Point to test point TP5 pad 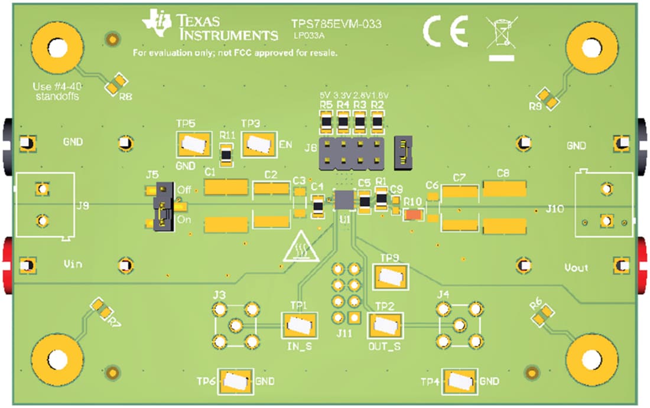193,145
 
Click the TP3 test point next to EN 259,144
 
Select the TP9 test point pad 391,276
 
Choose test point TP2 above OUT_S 385,325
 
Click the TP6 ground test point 236,381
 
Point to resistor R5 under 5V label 325,123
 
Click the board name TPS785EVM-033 336,24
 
